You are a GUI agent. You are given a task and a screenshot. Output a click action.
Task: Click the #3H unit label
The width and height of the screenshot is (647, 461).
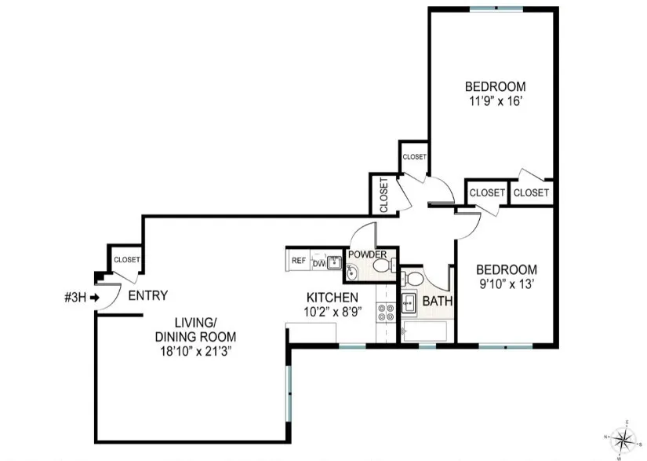[x=75, y=297]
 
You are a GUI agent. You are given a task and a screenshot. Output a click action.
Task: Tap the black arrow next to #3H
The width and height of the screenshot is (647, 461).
[x=95, y=297]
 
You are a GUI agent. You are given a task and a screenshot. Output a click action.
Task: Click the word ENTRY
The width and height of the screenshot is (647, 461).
[x=147, y=296]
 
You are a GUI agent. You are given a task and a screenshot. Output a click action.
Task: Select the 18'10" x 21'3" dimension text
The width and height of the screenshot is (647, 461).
[x=195, y=351]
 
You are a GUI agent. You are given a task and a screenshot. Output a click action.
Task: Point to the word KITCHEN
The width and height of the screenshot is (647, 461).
[x=332, y=298]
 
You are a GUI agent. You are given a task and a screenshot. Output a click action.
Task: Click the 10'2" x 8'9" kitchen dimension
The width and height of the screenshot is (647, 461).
[x=332, y=311]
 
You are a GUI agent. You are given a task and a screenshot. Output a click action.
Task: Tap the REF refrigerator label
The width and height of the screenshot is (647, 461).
[x=298, y=261]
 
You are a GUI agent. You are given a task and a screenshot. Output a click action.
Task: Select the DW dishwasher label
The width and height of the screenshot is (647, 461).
[x=318, y=263]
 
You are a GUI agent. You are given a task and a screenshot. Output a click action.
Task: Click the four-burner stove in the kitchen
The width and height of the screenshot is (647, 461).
[x=386, y=313]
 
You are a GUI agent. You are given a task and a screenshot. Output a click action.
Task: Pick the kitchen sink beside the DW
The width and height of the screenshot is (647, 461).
[x=333, y=263]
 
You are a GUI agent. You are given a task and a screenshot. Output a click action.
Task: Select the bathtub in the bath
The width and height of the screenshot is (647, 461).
[x=428, y=331]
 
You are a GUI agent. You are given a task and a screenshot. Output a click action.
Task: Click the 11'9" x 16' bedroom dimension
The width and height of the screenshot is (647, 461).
[x=495, y=101]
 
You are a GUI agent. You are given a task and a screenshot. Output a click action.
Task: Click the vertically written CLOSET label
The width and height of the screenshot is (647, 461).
[x=383, y=195]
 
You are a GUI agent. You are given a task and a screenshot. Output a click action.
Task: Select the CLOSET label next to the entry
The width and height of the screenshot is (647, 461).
[x=126, y=259]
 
